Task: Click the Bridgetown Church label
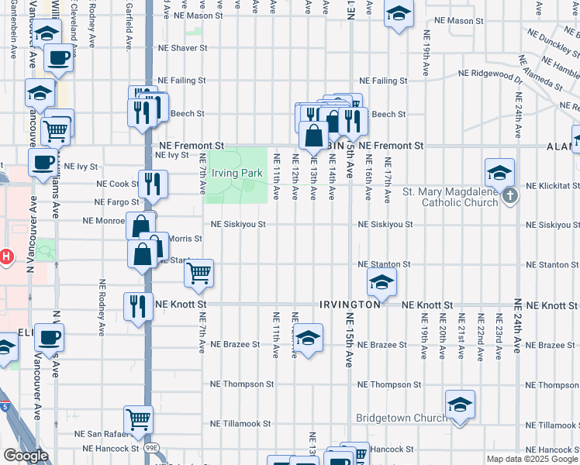tap(400, 418)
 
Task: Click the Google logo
tap(26, 456)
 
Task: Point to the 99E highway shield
tap(149, 448)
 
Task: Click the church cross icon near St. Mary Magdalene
tap(509, 196)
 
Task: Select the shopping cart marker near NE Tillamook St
tap(139, 419)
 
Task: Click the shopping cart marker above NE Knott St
tap(199, 272)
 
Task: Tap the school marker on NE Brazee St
tap(308, 337)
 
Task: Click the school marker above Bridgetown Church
tap(460, 404)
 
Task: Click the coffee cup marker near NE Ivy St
tap(43, 162)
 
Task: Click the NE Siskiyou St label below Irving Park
tap(240, 225)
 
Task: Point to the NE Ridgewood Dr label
tap(490, 73)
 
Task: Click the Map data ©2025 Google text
tap(532, 459)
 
